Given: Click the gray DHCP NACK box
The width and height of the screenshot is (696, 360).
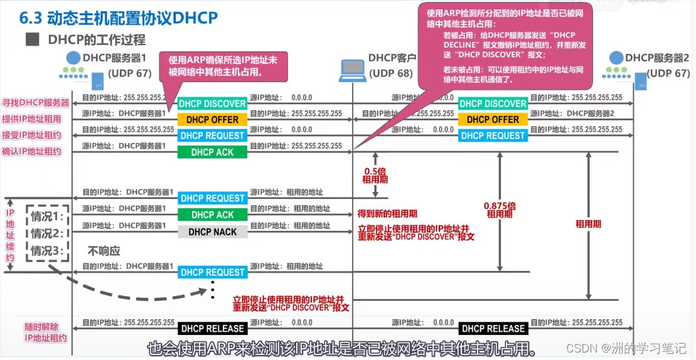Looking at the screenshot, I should point(212,231).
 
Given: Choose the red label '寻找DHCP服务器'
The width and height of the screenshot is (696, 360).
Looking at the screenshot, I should point(35,103).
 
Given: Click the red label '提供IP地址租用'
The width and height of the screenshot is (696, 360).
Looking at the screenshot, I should point(35,119).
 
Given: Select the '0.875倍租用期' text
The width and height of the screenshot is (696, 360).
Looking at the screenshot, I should point(500,209).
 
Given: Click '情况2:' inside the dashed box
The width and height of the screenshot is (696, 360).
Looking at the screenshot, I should point(48,234).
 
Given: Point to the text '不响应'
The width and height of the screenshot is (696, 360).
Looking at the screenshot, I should point(104,251).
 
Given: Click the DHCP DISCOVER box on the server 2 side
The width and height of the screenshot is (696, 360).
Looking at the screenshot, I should point(493,103).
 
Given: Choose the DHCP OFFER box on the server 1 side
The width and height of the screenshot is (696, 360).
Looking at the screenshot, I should point(212,119).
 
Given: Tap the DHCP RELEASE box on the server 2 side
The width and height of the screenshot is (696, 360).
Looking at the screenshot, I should point(493,328).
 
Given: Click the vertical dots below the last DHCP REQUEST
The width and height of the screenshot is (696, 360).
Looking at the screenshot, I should point(213,290).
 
